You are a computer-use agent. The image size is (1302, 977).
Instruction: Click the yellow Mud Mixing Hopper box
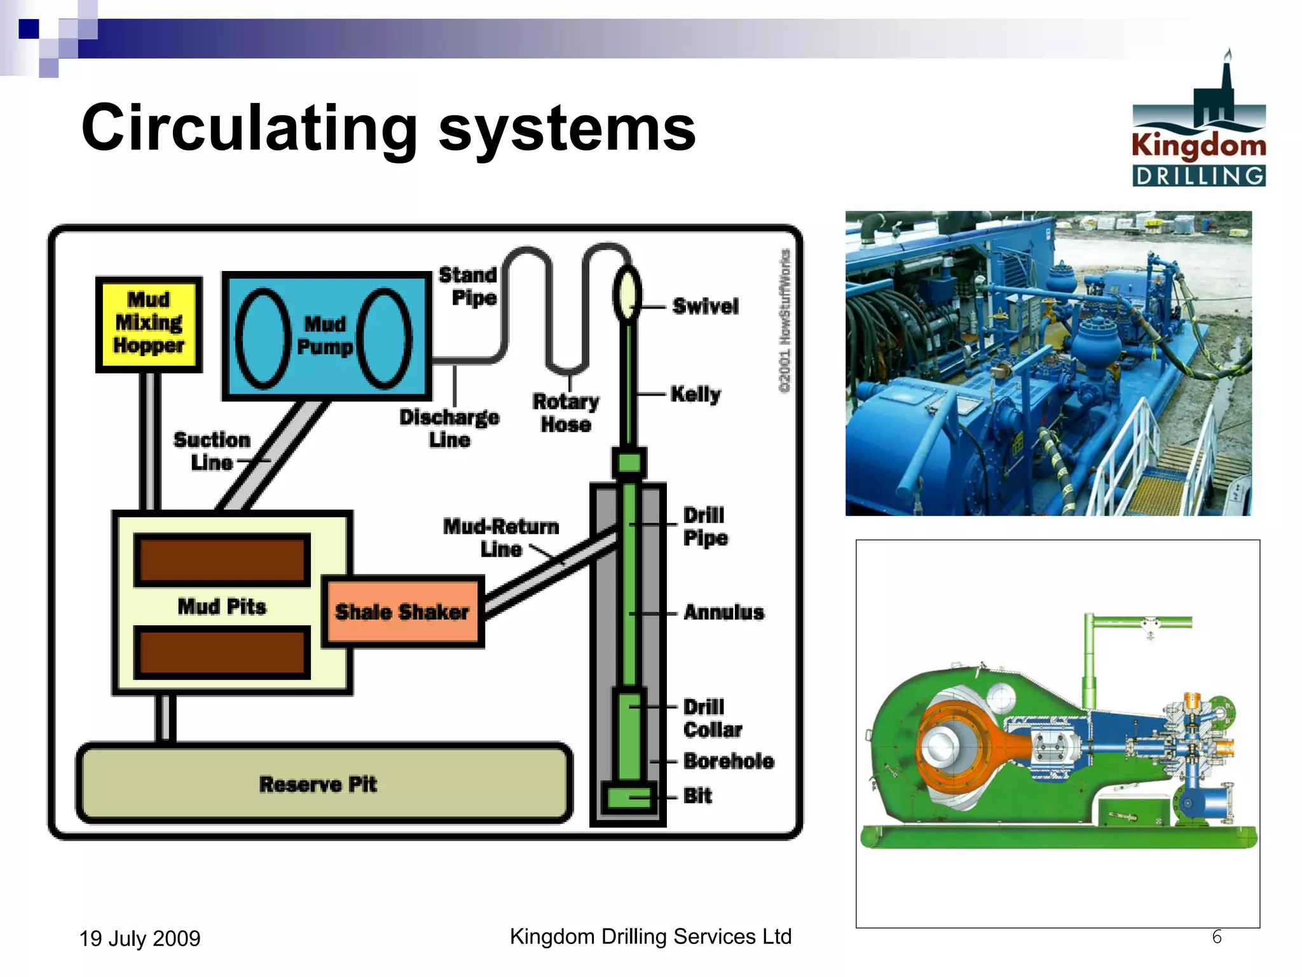pos(149,324)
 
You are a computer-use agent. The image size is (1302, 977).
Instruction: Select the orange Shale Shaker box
pos(403,612)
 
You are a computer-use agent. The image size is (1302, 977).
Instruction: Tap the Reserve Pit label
pos(318,784)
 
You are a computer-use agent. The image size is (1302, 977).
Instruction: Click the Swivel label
pos(705,307)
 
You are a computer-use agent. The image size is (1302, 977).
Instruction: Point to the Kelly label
pos(696,394)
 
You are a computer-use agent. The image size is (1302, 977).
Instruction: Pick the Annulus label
pos(723,613)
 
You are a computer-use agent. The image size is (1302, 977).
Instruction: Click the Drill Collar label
pos(712,719)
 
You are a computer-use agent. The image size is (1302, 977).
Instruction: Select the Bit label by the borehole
pos(697,796)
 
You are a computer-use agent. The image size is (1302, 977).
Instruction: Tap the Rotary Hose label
pos(566,413)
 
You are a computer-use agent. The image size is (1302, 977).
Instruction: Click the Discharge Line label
pos(449,428)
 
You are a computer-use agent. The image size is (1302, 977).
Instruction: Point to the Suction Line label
pos(212,451)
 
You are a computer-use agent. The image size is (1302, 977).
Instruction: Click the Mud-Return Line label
pos(501,537)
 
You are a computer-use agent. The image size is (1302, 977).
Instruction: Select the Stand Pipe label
pos(469,286)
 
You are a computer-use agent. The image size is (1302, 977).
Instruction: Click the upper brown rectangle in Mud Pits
pos(222,560)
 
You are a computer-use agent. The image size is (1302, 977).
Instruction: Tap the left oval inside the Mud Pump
pos(263,338)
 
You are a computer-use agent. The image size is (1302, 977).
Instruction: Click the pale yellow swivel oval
pos(627,294)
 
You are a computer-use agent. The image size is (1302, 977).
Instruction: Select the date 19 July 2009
pos(140,938)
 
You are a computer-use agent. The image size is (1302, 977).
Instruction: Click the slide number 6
pos(1217,937)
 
